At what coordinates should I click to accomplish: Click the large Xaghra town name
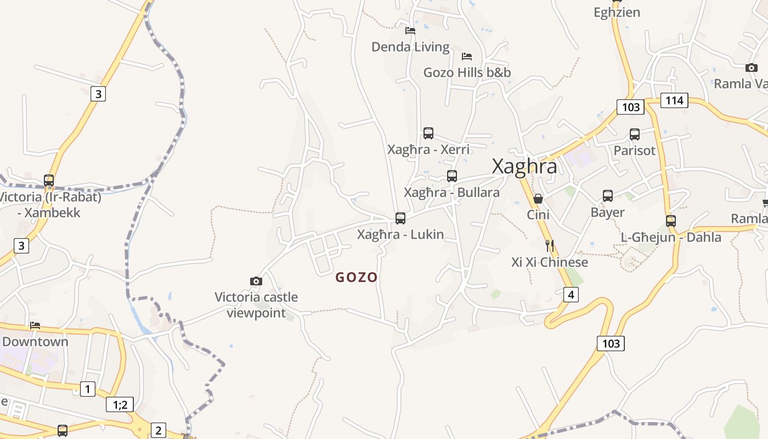(524, 166)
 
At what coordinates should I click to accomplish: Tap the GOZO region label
(357, 278)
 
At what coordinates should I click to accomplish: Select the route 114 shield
(674, 100)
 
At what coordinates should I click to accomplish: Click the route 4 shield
(571, 295)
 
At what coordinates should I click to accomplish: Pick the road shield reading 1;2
(120, 405)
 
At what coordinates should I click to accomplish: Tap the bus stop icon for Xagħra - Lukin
(400, 218)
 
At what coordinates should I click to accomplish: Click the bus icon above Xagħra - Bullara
(451, 176)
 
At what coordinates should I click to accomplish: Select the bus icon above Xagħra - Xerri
(428, 133)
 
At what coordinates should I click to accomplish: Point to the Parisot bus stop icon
(635, 134)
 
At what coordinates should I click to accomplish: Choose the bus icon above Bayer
(608, 196)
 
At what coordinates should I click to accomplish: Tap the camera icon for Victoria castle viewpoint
(256, 282)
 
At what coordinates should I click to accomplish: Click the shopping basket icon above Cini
(538, 199)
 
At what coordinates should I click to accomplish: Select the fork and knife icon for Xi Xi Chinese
(550, 246)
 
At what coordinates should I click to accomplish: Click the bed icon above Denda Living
(410, 31)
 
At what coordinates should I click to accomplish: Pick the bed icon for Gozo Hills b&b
(467, 56)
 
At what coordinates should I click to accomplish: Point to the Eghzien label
(617, 12)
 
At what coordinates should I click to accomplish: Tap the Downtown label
(36, 342)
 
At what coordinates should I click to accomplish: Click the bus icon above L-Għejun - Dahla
(671, 221)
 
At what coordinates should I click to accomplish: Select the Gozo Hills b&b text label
(467, 72)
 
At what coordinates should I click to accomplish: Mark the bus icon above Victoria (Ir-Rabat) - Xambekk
(49, 180)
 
